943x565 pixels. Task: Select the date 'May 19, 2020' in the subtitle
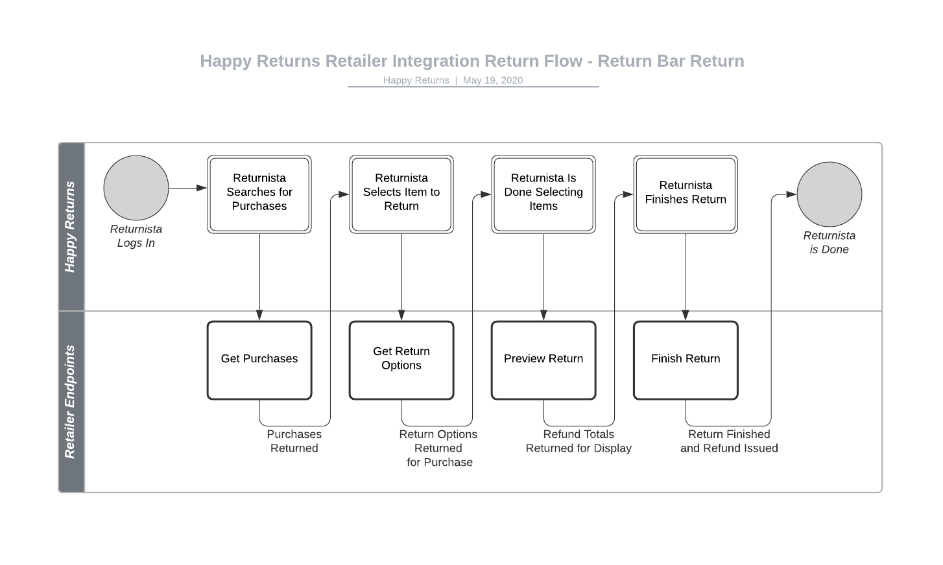point(492,80)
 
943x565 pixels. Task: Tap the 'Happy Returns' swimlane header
point(71,227)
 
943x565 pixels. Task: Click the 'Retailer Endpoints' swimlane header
point(71,402)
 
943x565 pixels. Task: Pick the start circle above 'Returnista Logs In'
point(136,188)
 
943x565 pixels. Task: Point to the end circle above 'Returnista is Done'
point(829,194)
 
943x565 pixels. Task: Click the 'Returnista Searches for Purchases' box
point(259,194)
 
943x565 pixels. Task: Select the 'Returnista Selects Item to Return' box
point(401,194)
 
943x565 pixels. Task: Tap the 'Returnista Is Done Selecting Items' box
point(543,194)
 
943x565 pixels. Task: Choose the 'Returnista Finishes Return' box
point(686,194)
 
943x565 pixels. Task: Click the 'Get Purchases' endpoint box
point(259,360)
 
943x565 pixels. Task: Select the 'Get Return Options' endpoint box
point(401,360)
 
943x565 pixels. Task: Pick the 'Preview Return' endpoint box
point(543,360)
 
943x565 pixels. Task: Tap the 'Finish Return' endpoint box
point(686,360)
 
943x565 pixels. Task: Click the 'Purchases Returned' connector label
point(294,441)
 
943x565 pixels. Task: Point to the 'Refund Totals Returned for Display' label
point(579,441)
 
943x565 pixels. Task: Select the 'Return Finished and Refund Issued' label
point(729,441)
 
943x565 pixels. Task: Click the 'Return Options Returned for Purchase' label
point(438,448)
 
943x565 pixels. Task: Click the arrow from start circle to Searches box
point(187,188)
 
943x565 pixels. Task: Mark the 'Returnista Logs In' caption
point(136,236)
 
